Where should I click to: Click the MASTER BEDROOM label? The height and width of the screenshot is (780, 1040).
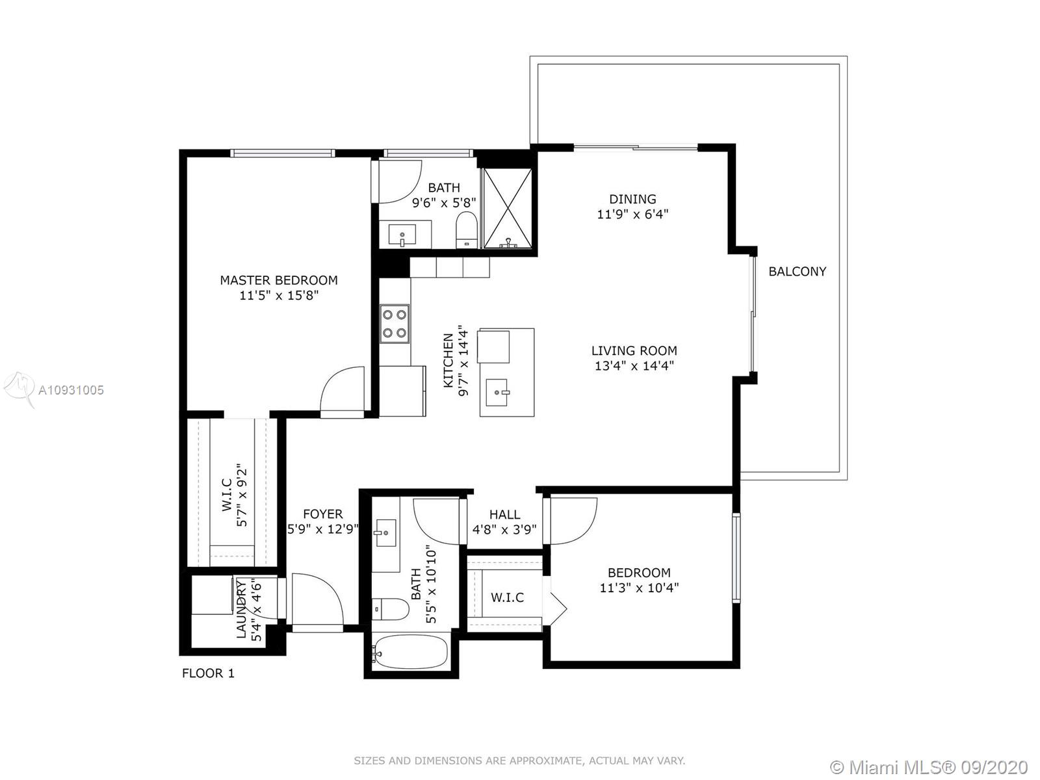click(279, 280)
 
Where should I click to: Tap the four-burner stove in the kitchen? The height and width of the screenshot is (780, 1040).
click(394, 324)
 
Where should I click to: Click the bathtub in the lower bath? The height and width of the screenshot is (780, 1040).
click(410, 652)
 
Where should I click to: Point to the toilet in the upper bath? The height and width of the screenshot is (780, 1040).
click(466, 230)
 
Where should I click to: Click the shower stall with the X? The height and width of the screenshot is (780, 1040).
click(507, 208)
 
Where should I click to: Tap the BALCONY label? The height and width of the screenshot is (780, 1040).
click(798, 271)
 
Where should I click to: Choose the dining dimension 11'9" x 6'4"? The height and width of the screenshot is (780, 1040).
click(632, 214)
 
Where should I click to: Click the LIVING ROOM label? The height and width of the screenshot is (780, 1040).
click(634, 350)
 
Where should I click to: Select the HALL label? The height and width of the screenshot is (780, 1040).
click(504, 514)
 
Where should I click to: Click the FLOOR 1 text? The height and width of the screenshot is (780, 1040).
click(209, 673)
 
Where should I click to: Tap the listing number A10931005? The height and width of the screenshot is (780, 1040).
click(71, 390)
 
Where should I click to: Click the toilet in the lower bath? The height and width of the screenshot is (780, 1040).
click(390, 609)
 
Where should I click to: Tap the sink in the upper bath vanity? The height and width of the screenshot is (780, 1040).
click(402, 235)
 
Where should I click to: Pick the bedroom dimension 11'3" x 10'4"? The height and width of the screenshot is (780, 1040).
click(639, 588)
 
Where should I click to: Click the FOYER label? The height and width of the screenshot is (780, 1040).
click(322, 514)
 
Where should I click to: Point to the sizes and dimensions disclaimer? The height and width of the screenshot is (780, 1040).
click(519, 760)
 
